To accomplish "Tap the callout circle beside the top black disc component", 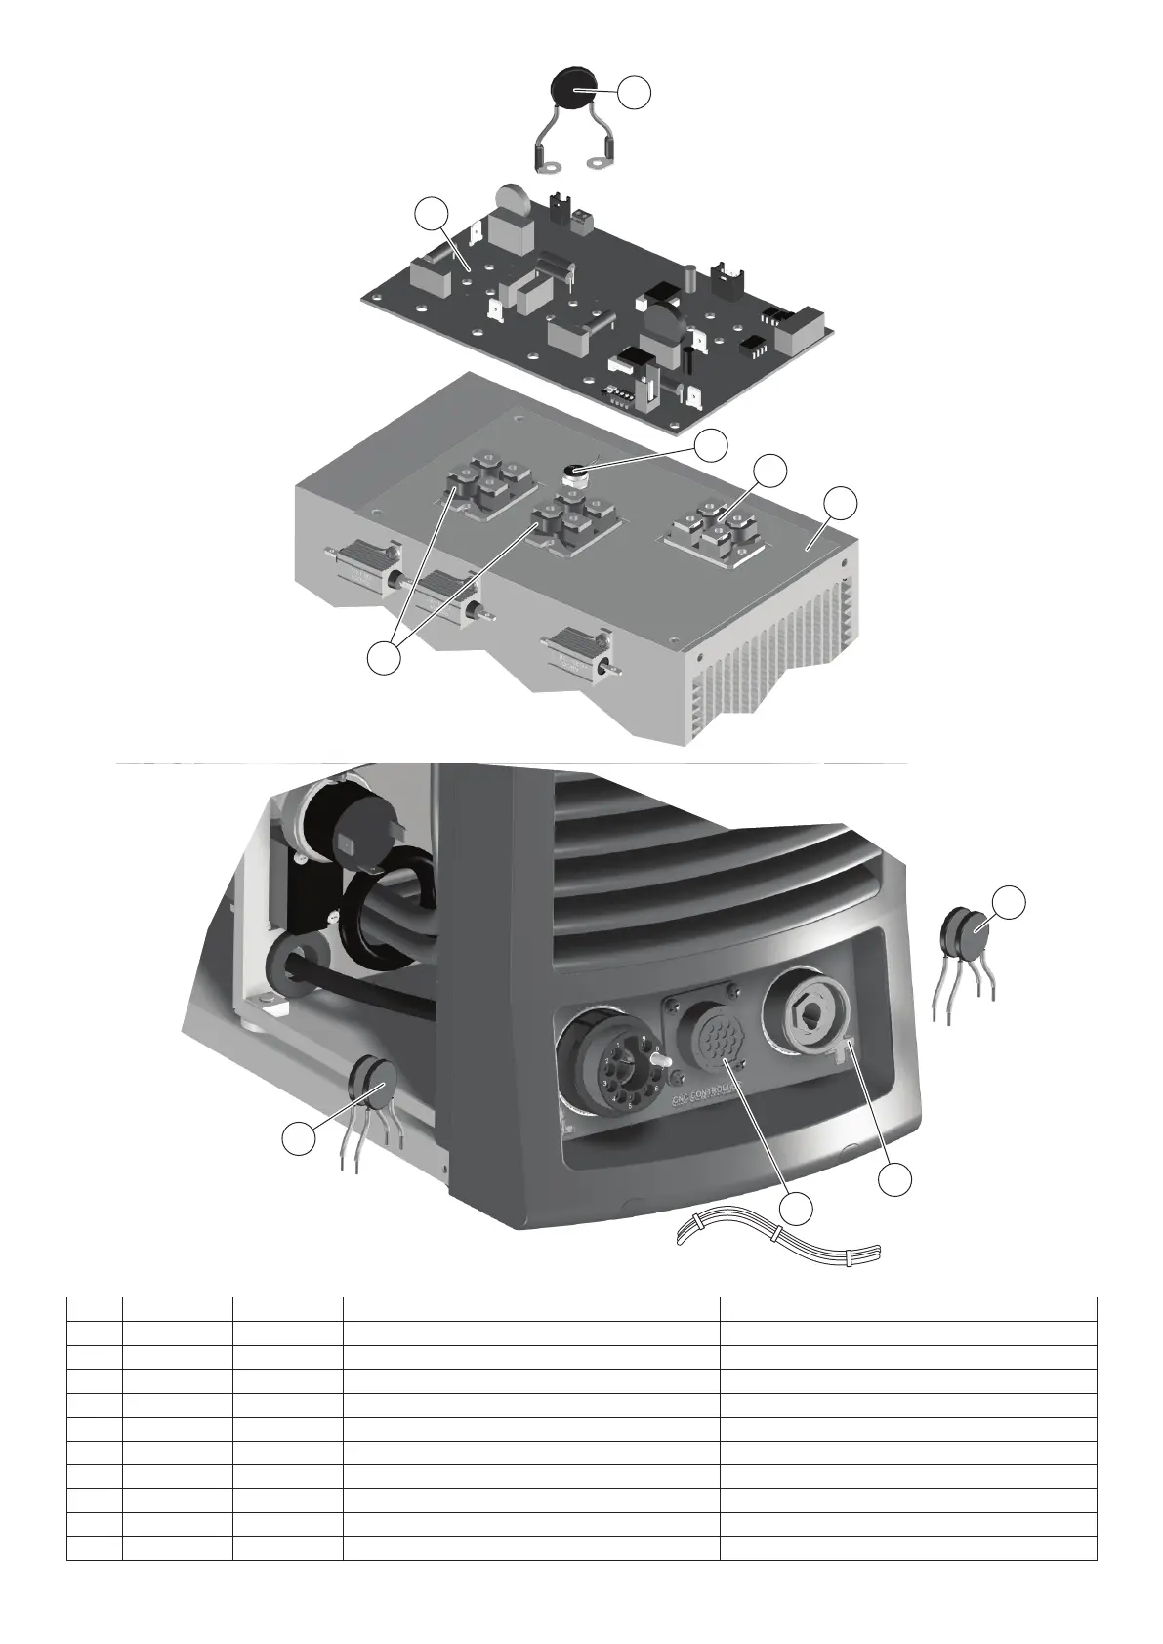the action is point(635,91).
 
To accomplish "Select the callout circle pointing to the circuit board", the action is point(431,213).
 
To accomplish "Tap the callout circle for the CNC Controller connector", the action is point(798,1209).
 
